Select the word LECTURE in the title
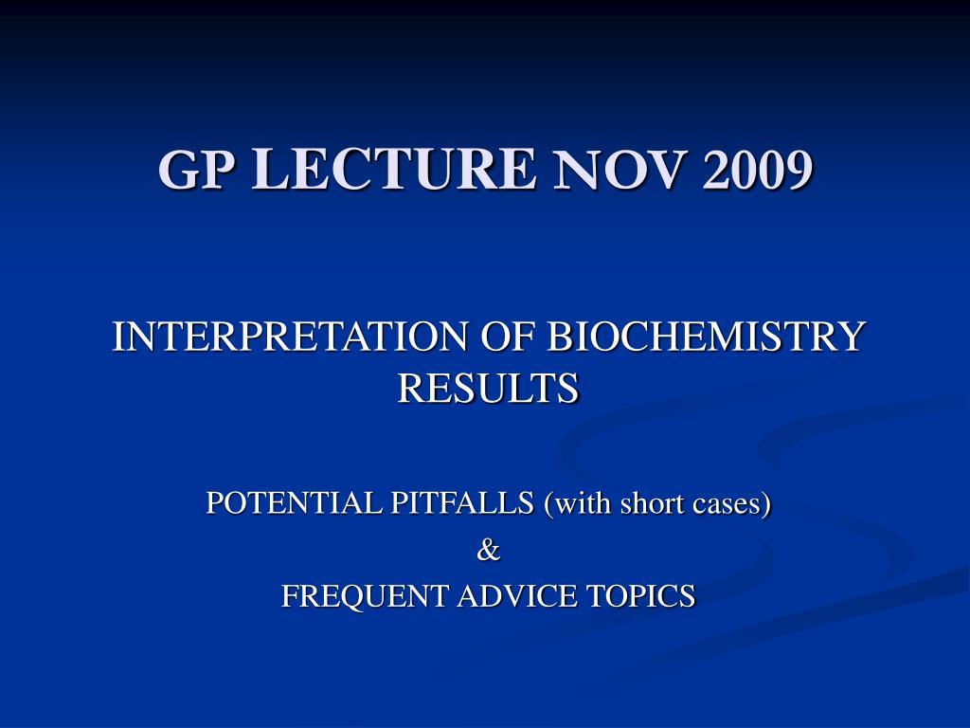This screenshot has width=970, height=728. click(393, 169)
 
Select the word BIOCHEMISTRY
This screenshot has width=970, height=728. click(705, 337)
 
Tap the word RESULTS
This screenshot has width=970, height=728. click(488, 388)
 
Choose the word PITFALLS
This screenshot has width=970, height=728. click(462, 502)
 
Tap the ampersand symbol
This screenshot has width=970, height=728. click(488, 550)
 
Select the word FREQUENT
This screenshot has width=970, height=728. click(365, 596)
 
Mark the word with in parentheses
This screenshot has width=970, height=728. click(583, 502)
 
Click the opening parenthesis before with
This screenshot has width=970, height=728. click(548, 503)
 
